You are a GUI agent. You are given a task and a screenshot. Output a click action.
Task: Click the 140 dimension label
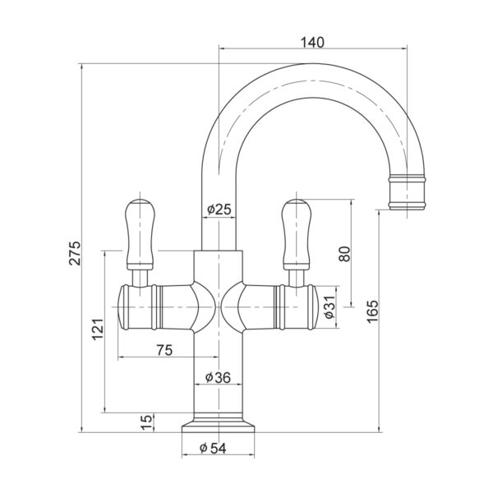point(312,42)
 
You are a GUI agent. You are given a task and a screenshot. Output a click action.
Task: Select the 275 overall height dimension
point(75,253)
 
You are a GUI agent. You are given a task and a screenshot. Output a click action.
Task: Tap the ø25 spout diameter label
point(219,209)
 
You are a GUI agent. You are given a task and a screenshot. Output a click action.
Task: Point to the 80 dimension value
point(344,254)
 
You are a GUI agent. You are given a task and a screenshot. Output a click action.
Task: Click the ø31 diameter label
point(330,307)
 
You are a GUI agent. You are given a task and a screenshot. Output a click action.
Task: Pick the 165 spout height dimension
point(372,311)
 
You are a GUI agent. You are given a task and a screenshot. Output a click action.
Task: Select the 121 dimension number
point(98,329)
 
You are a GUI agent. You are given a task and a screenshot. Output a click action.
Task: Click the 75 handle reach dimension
point(165,350)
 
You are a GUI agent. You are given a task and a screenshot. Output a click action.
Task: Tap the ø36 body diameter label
point(218,377)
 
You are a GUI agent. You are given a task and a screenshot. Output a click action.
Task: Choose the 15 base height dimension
point(146,422)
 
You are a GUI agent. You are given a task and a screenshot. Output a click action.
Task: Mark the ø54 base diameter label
point(213,449)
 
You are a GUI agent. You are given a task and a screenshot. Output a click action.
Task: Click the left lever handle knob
point(140,234)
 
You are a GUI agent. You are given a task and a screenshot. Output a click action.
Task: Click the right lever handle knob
point(296,234)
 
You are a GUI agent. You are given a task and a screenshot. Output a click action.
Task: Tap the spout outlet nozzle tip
point(407,192)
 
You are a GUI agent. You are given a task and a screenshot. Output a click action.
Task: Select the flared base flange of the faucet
point(219,426)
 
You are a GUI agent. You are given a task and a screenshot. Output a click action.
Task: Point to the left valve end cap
point(122,307)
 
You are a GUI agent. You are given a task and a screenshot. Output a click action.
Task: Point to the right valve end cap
point(313,307)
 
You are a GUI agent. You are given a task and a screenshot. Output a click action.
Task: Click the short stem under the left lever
point(140,279)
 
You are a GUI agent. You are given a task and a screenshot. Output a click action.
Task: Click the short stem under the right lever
point(296,279)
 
